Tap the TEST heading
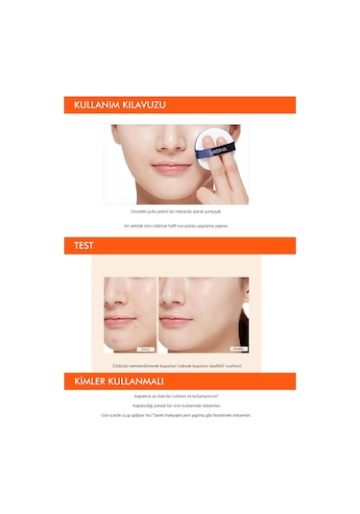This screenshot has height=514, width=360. point(84,245)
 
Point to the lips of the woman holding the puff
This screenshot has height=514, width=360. point(147,167)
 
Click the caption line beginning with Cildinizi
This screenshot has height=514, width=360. point(180,365)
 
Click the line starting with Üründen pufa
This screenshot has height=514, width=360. point(180,210)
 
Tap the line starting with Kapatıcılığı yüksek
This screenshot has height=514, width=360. point(180,405)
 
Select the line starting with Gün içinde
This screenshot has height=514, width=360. point(180,415)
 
